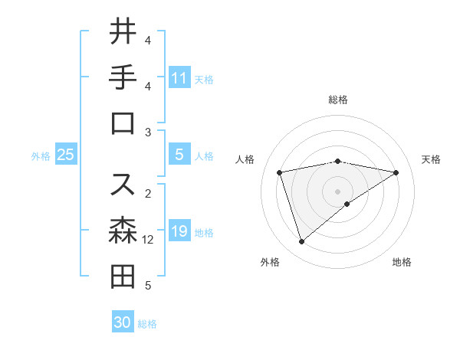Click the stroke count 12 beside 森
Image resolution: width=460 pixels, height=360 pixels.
148,240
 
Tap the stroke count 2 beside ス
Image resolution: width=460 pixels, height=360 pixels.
148,193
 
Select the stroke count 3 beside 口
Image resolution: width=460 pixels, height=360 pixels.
148,133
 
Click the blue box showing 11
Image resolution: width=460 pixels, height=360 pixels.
179,78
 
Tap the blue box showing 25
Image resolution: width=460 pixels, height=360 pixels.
66,155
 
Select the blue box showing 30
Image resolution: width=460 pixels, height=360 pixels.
123,322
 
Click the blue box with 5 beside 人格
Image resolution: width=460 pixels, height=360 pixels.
179,155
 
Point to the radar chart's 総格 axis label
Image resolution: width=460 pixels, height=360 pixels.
338,100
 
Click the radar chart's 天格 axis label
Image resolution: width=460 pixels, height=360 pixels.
432,159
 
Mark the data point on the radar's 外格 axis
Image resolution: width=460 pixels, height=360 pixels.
301,242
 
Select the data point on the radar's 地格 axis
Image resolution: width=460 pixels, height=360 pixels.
347,204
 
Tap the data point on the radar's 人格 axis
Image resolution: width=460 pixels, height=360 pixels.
280,172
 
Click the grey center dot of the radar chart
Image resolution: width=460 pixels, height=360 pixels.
338,191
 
